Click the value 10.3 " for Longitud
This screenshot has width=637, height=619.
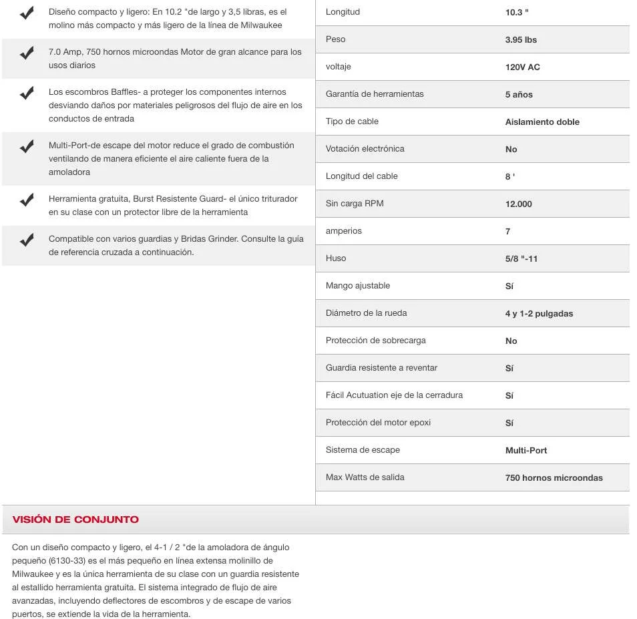point(517,13)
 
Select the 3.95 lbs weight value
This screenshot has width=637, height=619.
point(521,40)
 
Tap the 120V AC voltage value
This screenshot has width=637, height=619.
point(522,67)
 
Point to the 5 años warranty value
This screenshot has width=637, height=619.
point(519,95)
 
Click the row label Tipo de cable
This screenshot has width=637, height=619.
point(352,122)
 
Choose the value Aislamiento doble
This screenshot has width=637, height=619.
point(542,122)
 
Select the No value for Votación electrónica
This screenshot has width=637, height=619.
point(511,150)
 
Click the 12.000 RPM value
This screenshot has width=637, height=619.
point(518,204)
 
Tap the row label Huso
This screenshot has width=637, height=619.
point(336,258)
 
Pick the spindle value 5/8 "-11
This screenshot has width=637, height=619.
point(521,259)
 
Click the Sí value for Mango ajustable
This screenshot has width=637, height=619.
point(509,286)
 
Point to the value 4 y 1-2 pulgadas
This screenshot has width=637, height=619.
point(539,314)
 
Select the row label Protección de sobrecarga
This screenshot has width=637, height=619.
point(375,341)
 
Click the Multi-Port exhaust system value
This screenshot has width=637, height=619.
point(526,451)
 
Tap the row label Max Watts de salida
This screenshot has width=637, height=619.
point(365,477)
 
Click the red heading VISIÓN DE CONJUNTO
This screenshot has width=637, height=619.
point(75,520)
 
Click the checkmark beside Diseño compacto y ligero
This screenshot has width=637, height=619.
point(27,13)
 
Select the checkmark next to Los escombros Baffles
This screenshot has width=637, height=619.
point(27,93)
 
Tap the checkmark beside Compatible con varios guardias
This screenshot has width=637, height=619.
point(27,240)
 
